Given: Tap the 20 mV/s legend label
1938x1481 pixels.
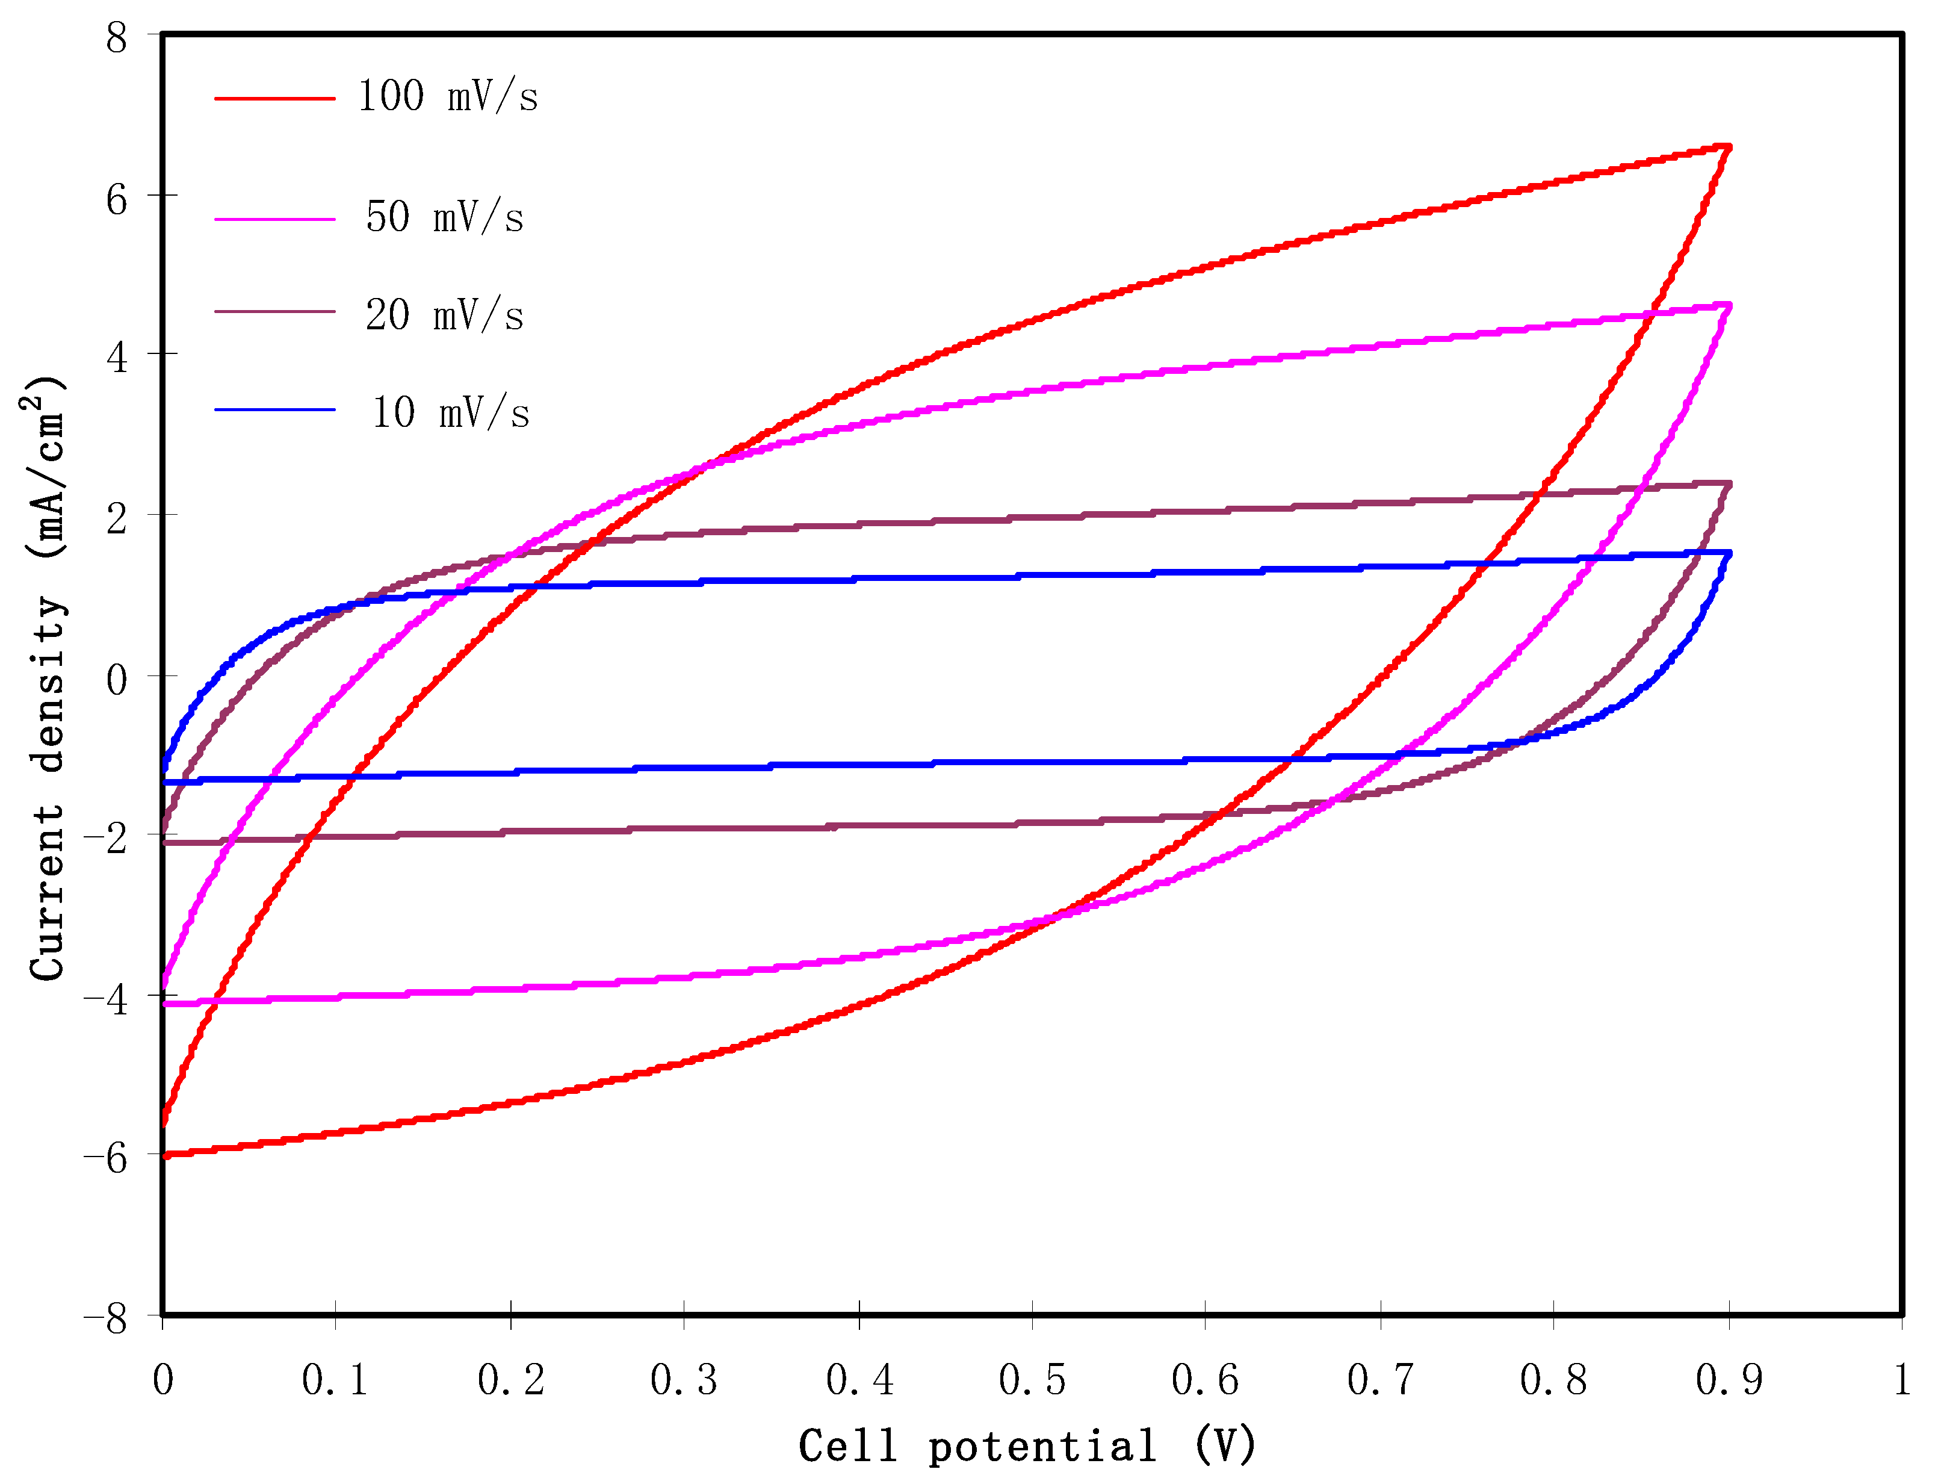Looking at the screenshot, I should [x=444, y=315].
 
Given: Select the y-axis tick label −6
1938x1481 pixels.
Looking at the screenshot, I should [x=106, y=1158].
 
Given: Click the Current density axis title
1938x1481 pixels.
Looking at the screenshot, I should [x=46, y=679].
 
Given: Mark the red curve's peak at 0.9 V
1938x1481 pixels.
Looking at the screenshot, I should [x=1727, y=147].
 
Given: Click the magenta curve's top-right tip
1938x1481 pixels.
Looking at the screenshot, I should [x=1727, y=305].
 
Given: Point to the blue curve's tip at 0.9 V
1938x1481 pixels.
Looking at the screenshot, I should [x=1727, y=554].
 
